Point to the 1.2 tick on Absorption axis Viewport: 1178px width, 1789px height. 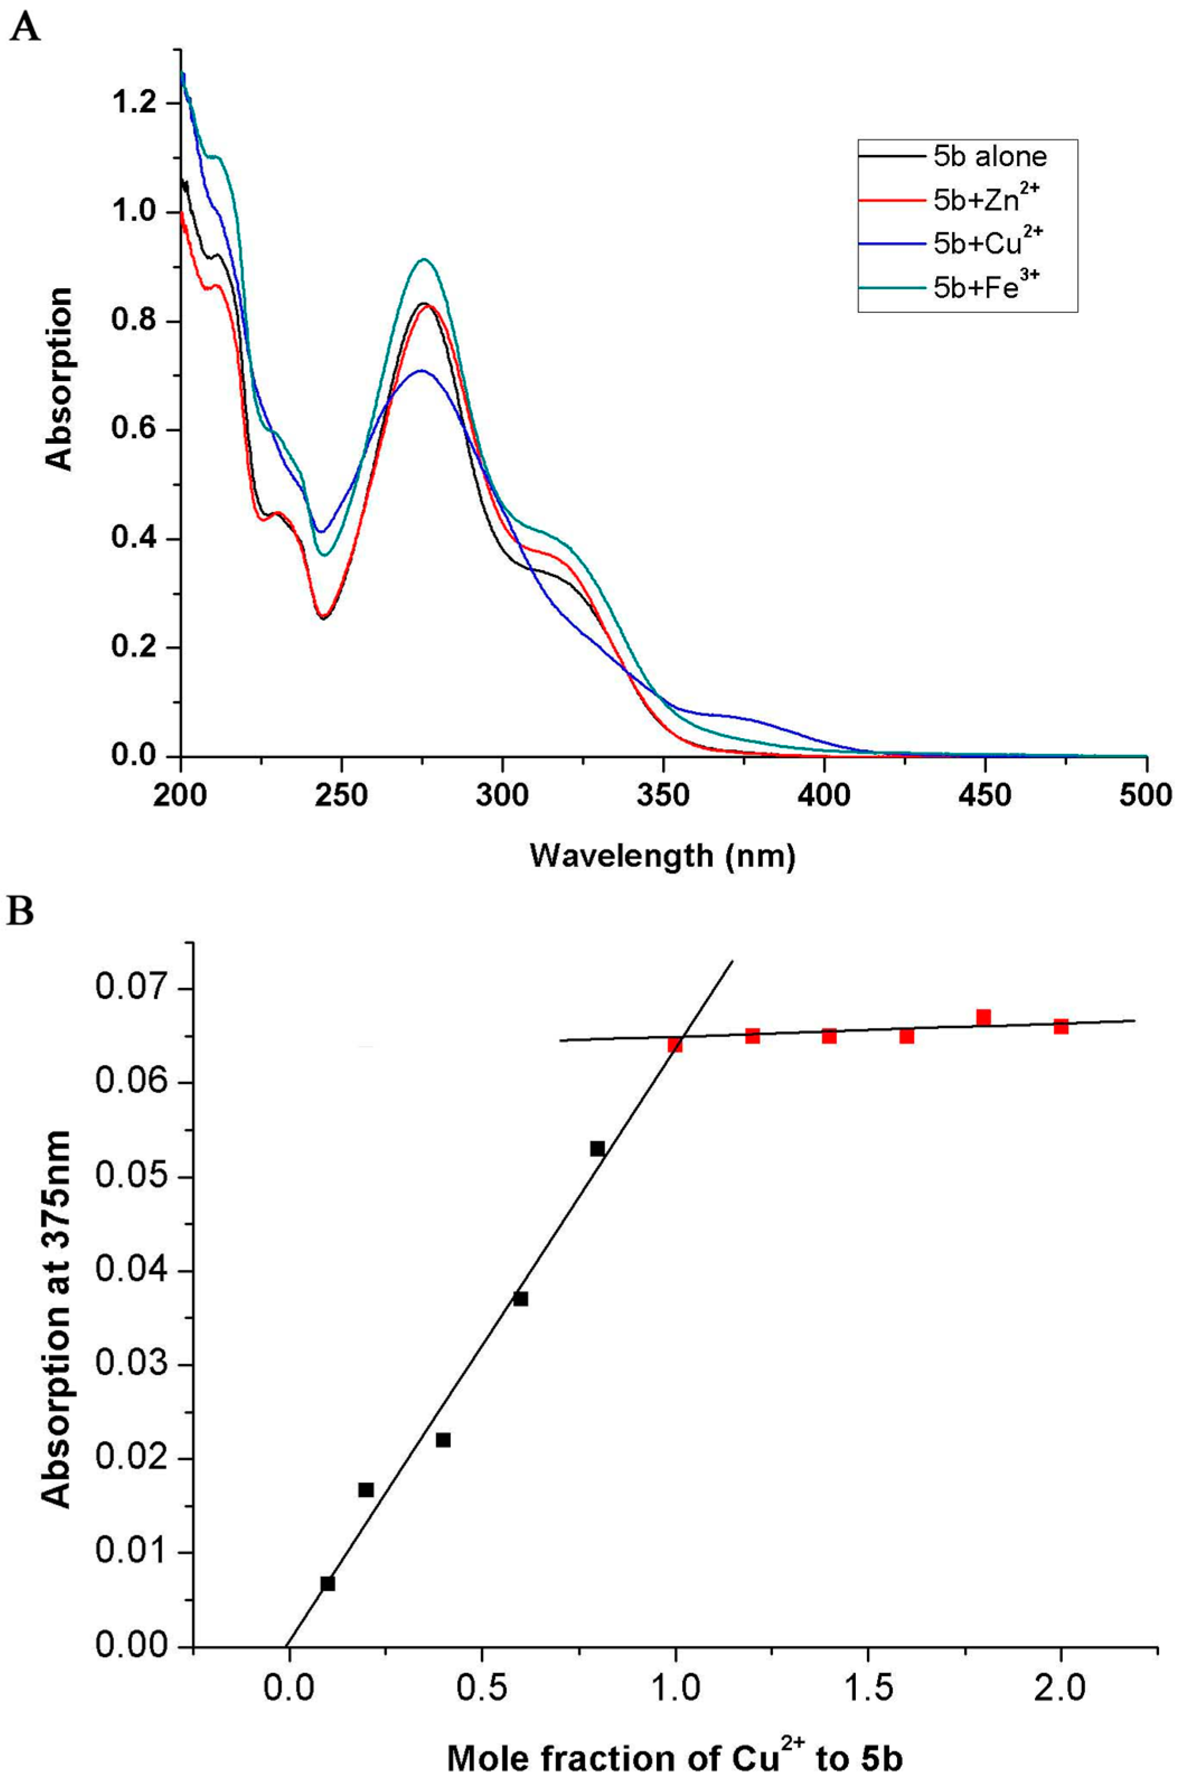point(134,103)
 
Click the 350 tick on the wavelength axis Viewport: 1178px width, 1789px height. point(663,795)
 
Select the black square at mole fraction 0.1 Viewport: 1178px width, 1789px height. point(328,1583)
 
